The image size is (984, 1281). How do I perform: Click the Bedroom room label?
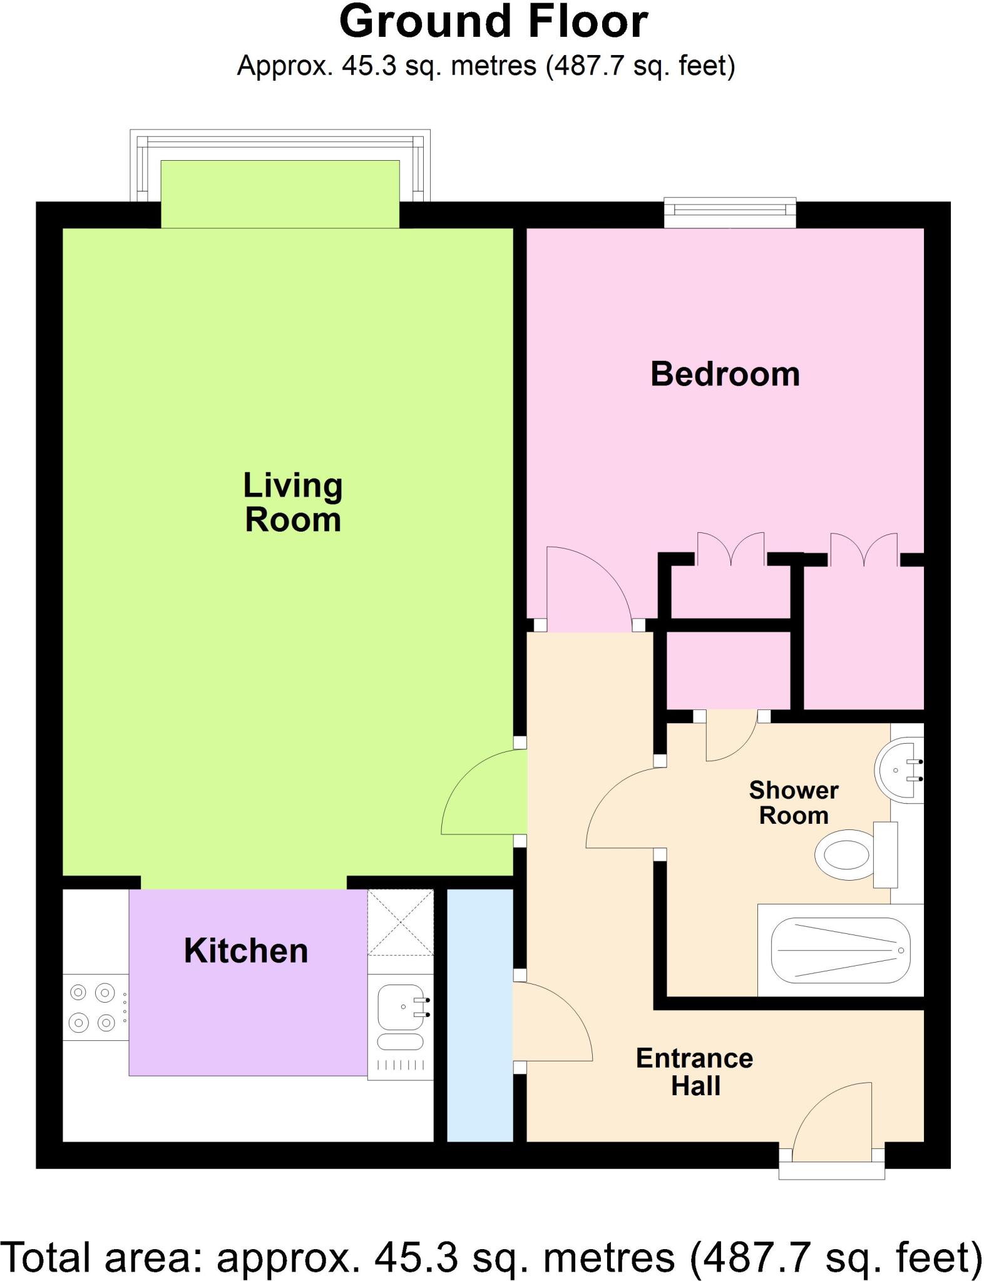click(x=725, y=374)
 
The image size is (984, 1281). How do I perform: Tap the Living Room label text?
click(x=292, y=502)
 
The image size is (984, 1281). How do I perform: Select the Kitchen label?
click(x=246, y=951)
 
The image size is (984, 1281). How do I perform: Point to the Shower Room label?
click(x=793, y=803)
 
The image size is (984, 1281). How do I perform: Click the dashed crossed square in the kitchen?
click(x=400, y=923)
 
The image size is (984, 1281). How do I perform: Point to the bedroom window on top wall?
click(x=730, y=213)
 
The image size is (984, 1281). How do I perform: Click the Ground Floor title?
click(x=493, y=22)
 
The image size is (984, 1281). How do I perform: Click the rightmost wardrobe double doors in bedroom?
click(x=864, y=549)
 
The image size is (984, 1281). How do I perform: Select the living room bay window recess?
click(x=280, y=194)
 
